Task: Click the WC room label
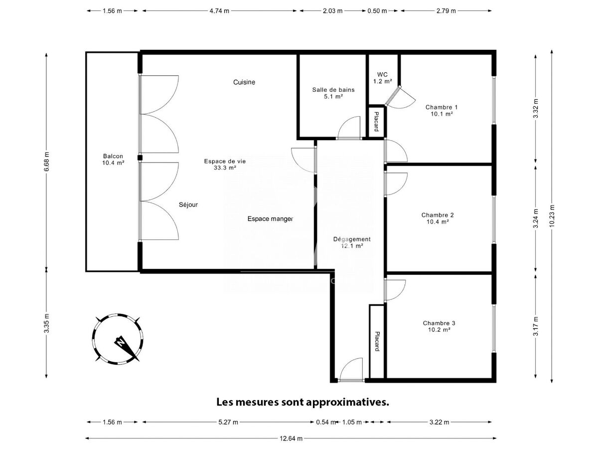point(382,78)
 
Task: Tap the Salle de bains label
point(333,93)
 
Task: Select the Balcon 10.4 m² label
point(113,160)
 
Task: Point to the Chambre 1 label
point(442,110)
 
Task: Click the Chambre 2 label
point(438,219)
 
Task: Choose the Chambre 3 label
point(439,326)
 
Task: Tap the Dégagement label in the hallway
point(352,242)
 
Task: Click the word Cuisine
point(244,82)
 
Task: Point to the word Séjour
point(188,205)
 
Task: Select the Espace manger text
point(270,219)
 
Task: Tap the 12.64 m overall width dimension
point(291,439)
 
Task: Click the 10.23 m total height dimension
point(552,216)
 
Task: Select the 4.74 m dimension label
point(219,11)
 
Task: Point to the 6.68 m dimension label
point(47,161)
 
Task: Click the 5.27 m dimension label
point(228,422)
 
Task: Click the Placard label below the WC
point(376,122)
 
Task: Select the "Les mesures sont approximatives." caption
point(302,402)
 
